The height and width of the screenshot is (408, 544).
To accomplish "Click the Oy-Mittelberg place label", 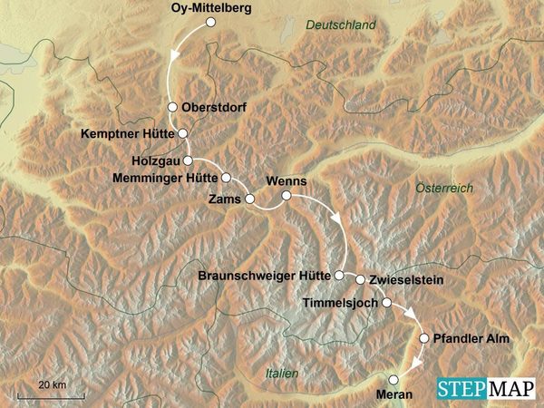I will coord(211,9).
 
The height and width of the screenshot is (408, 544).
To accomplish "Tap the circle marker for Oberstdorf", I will coord(172,105).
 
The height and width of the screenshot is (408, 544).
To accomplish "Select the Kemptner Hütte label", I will coord(127,133).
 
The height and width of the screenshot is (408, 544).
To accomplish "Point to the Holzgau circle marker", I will coord(187,160).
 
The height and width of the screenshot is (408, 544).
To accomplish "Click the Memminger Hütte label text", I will coord(165,178).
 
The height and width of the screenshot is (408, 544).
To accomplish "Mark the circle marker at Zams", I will coord(250,197).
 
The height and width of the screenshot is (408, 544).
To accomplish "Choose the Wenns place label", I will coord(286,180).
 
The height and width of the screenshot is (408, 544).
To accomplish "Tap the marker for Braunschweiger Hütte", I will coord(339,274).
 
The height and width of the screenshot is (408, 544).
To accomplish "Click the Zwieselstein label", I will coord(406,281).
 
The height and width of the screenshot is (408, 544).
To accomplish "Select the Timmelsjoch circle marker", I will coord(386,303).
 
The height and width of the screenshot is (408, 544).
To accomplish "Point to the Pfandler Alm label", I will coord(472,338).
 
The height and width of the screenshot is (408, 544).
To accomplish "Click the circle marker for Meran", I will coord(393,380).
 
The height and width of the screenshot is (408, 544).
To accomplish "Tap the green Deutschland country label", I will coord(340,26).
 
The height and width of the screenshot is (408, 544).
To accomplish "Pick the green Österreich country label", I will coord(444,188).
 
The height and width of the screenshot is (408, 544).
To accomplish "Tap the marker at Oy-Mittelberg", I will coord(211,24).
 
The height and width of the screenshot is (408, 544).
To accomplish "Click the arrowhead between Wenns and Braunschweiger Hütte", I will coord(337,220).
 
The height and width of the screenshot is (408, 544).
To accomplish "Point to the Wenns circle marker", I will coord(286,195).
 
